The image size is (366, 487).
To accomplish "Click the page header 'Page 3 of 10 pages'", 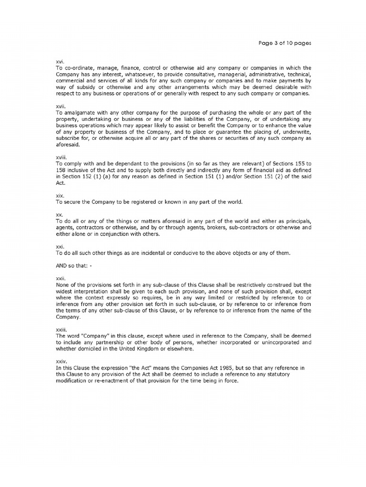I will click(x=284, y=43).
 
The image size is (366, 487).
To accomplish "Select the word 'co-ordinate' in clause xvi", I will click(x=79, y=68).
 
